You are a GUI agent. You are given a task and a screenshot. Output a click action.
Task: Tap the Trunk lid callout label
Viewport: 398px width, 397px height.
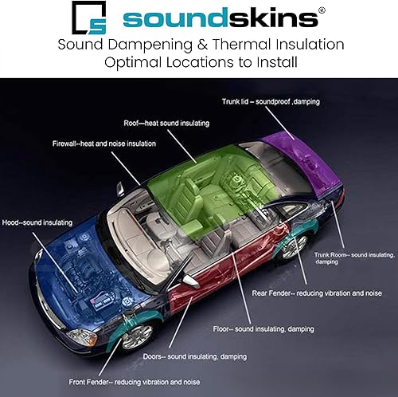271,101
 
